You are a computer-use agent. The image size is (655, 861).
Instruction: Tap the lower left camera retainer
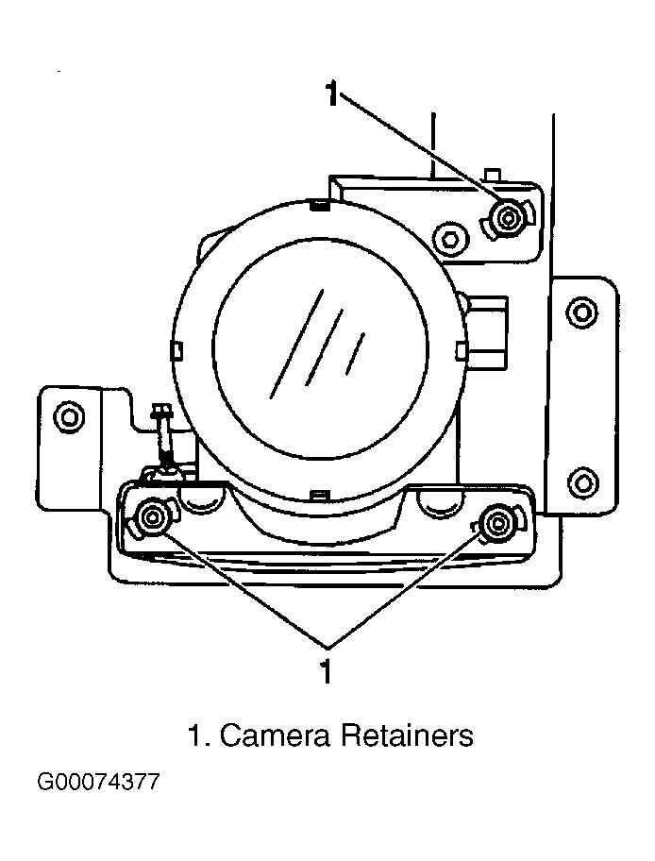click(150, 516)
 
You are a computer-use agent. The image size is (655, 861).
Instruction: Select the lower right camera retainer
click(496, 523)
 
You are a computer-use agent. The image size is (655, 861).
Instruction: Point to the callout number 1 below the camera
click(327, 670)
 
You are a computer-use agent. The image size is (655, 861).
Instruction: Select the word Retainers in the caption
click(407, 735)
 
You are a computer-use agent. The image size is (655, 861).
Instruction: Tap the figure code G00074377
click(98, 782)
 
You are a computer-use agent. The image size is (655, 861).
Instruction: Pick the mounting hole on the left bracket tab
click(70, 417)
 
